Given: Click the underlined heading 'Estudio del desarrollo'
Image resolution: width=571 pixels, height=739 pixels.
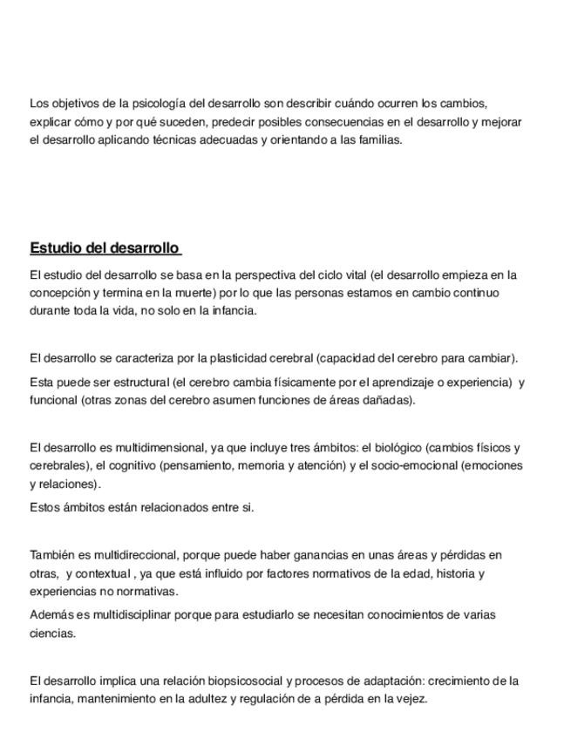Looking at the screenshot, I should pyautogui.click(x=105, y=248).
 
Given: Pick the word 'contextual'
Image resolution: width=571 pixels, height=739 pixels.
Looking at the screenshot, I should pyautogui.click(x=104, y=573).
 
